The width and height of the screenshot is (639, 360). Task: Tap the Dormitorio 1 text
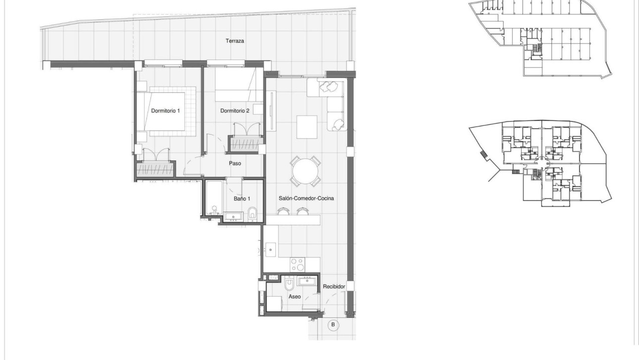[165, 111]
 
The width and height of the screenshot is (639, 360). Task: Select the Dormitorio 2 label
[235, 111]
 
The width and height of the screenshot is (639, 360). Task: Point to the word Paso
[235, 163]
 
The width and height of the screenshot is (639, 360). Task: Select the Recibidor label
[333, 287]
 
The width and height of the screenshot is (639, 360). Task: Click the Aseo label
[295, 297]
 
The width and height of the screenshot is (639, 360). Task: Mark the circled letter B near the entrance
[333, 325]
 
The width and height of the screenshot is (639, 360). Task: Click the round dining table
[306, 172]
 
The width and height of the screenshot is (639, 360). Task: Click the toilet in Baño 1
[252, 213]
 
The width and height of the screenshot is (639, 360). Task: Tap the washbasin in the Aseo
[308, 282]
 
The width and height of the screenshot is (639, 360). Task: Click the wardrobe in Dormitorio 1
[155, 169]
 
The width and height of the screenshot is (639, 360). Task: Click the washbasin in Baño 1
[233, 216]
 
